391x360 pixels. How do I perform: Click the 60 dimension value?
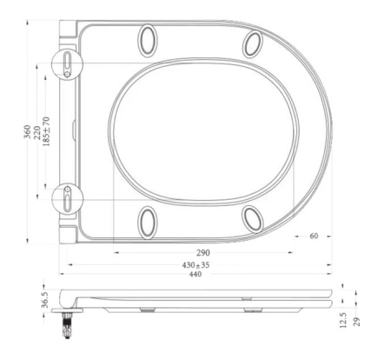pyautogui.click(x=314, y=236)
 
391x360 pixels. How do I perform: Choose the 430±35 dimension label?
pyautogui.click(x=195, y=263)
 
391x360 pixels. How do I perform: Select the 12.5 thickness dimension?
pyautogui.click(x=345, y=323)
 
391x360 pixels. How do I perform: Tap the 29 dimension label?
pyautogui.click(x=357, y=323)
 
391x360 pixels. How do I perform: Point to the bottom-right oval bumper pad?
pyautogui.click(x=253, y=218)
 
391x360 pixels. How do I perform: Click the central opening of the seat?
pyautogui.click(x=205, y=130)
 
